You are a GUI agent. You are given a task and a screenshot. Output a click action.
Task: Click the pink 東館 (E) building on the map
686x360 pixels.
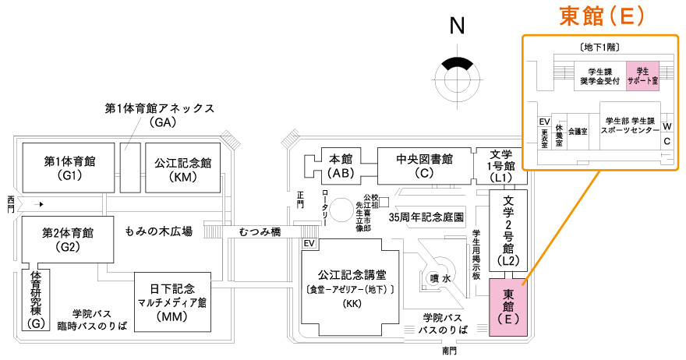[x=508, y=308]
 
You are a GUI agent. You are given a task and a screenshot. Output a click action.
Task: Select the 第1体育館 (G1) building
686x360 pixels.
[x=69, y=168]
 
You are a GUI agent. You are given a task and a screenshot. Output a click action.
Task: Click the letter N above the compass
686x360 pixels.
[x=458, y=26]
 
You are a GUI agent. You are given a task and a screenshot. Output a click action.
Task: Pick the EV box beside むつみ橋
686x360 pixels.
[x=310, y=245]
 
